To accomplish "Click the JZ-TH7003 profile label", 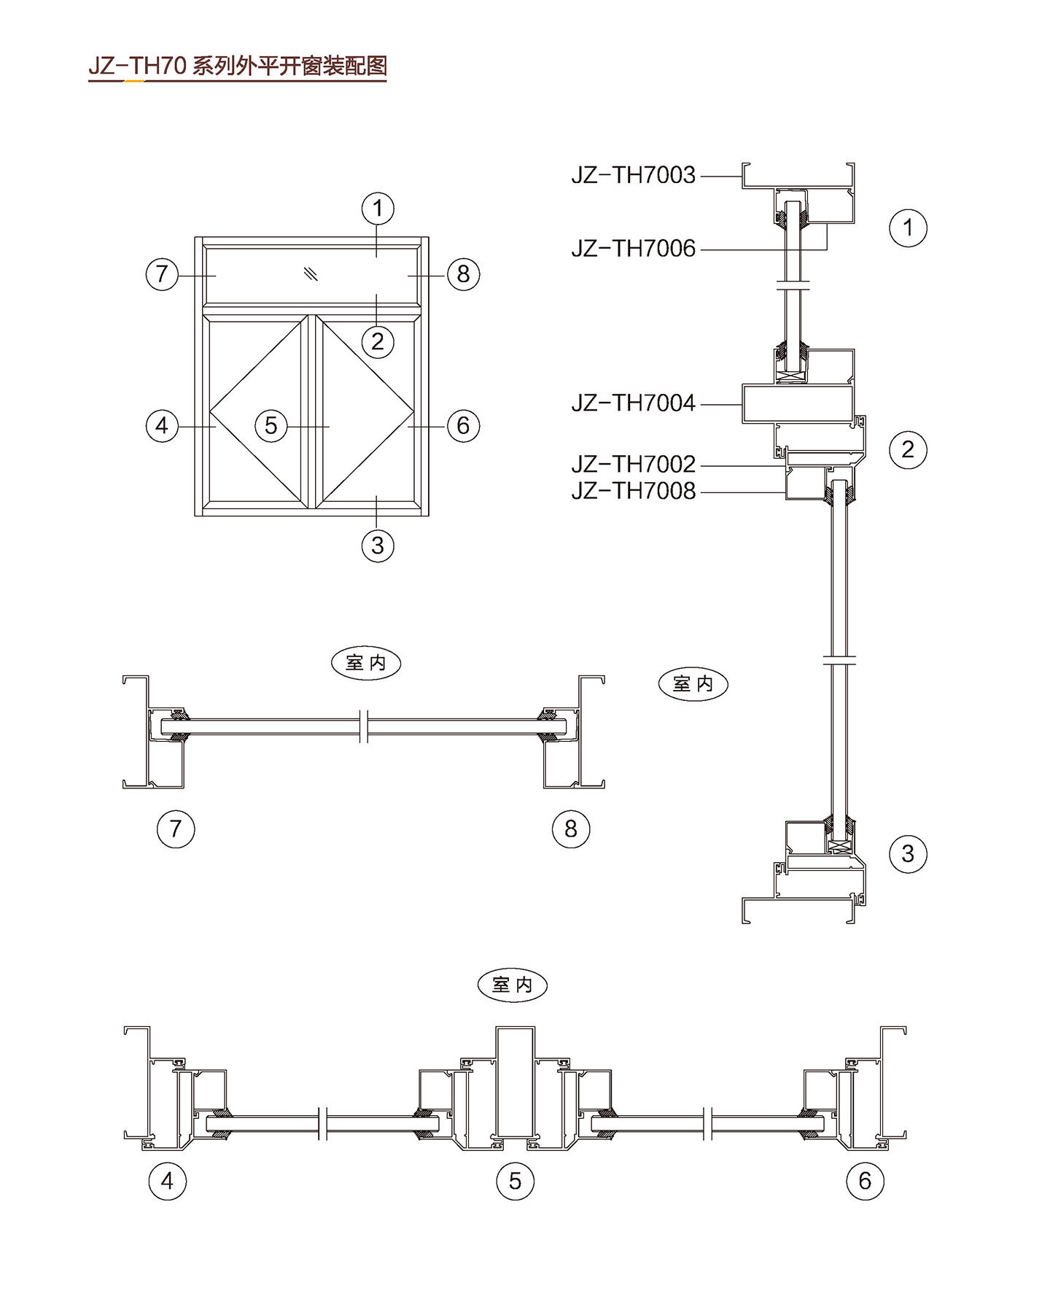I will pos(633,176).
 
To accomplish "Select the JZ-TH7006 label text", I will pos(633,249).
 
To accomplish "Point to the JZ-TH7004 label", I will pos(633,403).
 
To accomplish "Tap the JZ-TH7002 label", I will pos(633,464).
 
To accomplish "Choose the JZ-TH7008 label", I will pos(633,491).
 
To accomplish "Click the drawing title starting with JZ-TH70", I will pos(237,66).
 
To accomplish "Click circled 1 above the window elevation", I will pos(378,209).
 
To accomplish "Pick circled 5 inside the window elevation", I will pos(271,425).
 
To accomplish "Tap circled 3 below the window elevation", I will pos(378,545).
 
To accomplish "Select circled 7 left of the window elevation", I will pos(162,274).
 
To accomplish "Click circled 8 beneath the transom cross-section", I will pos(570,829).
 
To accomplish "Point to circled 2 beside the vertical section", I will pos(908,449).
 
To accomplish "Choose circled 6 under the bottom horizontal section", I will pos(865,1181).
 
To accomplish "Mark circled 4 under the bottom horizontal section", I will pos(167,1181).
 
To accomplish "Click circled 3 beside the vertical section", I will pos(908,853).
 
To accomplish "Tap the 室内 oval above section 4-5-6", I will pos(512,985).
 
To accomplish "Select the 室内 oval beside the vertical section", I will pos(693,684).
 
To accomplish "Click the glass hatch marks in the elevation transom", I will pos(311,274).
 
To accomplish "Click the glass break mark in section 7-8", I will pos(365,727).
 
